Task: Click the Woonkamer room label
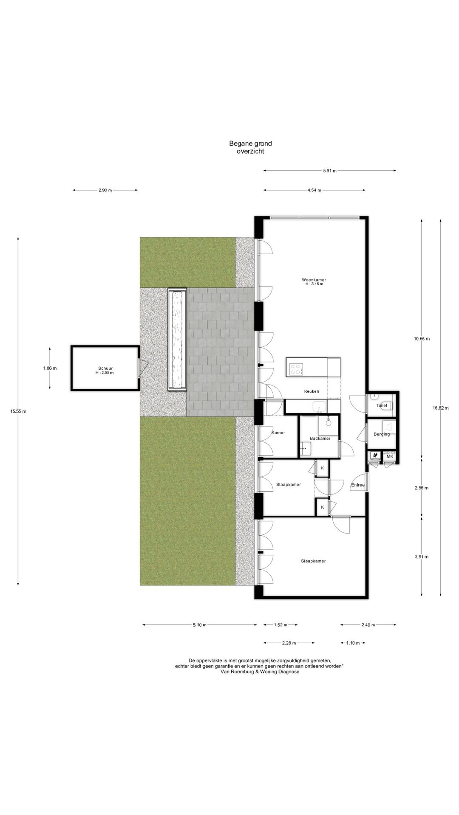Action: coord(314,280)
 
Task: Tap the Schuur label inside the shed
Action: coord(105,368)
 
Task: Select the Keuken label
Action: coord(311,391)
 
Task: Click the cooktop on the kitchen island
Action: coord(296,369)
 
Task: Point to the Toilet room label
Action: coord(382,406)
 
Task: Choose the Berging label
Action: coord(381,434)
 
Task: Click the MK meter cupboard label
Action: coord(390,457)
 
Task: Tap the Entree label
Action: coord(357,485)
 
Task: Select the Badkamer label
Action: coord(320,438)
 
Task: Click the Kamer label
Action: coord(278,433)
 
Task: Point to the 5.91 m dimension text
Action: coord(329,171)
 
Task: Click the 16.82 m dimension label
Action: coord(440,408)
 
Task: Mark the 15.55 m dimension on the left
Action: coord(18,411)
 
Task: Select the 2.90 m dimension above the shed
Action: coord(105,191)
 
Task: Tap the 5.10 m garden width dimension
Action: coord(199,625)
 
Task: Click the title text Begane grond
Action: coord(250,144)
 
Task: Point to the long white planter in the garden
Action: coord(177,340)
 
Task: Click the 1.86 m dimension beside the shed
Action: coord(50,368)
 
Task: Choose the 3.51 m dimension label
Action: coord(421,557)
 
